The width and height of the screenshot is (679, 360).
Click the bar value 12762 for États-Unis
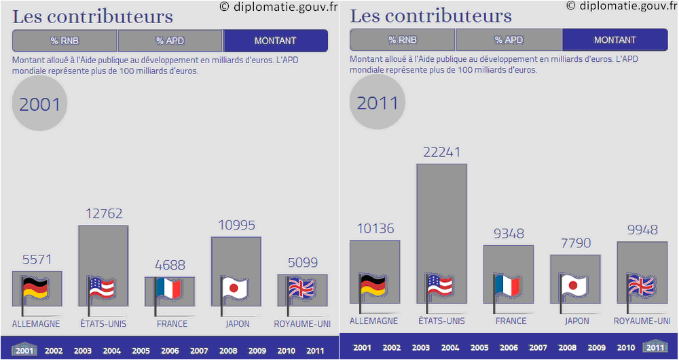(104, 214)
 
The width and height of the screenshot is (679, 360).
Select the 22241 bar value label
(441, 152)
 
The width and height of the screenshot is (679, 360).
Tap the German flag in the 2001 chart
(35, 289)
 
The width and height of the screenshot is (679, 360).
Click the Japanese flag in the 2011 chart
(574, 286)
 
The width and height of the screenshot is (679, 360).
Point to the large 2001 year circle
(39, 104)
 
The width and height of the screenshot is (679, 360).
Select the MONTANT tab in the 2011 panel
(614, 40)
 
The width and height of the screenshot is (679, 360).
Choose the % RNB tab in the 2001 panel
(65, 41)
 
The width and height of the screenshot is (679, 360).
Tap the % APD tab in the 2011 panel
(509, 40)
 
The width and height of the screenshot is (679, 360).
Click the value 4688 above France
(170, 265)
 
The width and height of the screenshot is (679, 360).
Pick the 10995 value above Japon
(236, 226)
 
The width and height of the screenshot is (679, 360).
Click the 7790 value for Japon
(574, 243)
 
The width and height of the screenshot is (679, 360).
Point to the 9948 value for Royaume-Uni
(642, 230)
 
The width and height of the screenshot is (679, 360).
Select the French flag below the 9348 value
(507, 286)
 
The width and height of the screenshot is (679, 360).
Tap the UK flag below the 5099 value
(302, 289)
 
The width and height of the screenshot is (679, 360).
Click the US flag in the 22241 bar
(441, 286)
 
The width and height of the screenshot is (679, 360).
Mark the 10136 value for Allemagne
(375, 229)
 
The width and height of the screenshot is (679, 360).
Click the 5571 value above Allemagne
(37, 259)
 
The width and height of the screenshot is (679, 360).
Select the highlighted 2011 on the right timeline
(655, 348)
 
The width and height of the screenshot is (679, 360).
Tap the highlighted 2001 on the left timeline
(24, 350)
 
